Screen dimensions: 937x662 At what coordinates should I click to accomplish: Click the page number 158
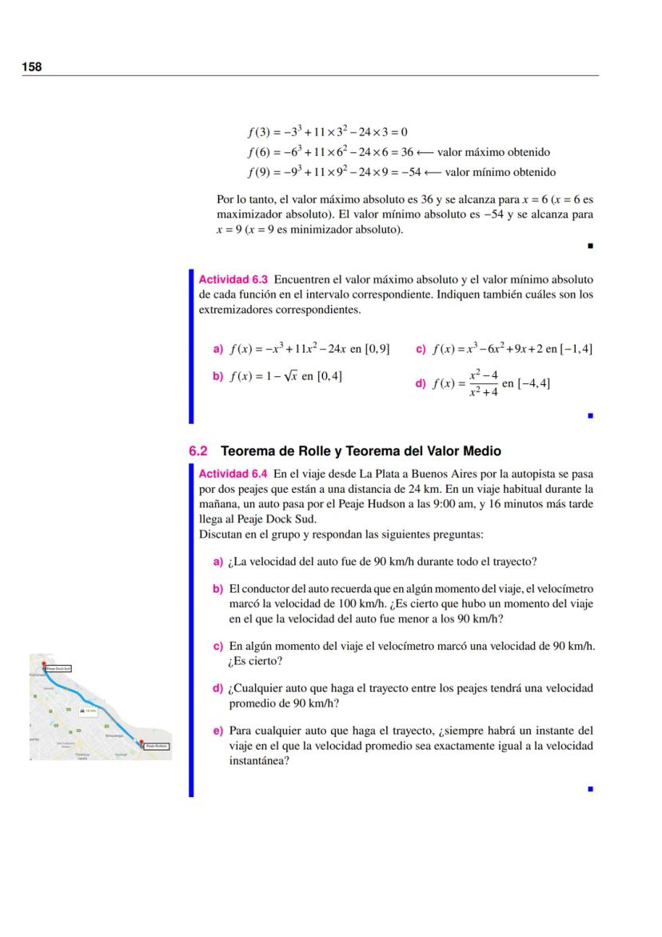[x=31, y=67]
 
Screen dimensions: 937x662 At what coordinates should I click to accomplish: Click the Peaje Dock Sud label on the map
[x=58, y=667]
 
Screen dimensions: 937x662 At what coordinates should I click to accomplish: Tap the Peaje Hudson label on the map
[x=156, y=746]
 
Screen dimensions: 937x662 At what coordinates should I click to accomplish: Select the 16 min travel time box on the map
[x=88, y=710]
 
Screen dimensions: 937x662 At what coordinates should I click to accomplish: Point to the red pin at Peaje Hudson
[x=140, y=743]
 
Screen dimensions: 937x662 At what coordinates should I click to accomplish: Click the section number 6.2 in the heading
[x=198, y=451]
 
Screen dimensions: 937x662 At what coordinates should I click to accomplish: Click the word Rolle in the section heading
[x=301, y=451]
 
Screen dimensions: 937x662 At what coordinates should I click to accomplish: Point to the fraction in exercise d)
[x=484, y=383]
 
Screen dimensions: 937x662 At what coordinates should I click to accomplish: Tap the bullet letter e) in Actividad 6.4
[x=217, y=731]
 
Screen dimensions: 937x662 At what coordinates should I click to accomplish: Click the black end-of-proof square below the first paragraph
[x=589, y=246]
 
